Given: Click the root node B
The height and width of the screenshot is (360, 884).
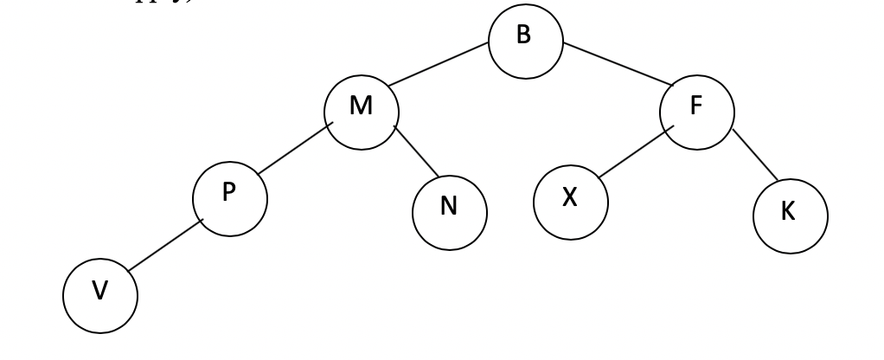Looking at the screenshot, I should [x=525, y=41].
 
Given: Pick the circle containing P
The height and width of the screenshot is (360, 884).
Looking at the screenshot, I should [x=229, y=196].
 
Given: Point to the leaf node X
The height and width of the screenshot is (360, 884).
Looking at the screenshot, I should [x=570, y=199].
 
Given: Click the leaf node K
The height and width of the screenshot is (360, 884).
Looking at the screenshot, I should [x=789, y=214].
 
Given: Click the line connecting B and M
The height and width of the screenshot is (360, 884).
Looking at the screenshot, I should [x=437, y=65].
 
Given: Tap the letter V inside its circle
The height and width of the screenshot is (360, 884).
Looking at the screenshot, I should [x=100, y=292].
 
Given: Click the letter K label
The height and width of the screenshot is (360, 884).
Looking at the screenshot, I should [x=789, y=214].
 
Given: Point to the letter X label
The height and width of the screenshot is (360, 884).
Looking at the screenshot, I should [x=570, y=198].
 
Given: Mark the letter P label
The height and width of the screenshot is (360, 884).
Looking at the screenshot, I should [x=229, y=193].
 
